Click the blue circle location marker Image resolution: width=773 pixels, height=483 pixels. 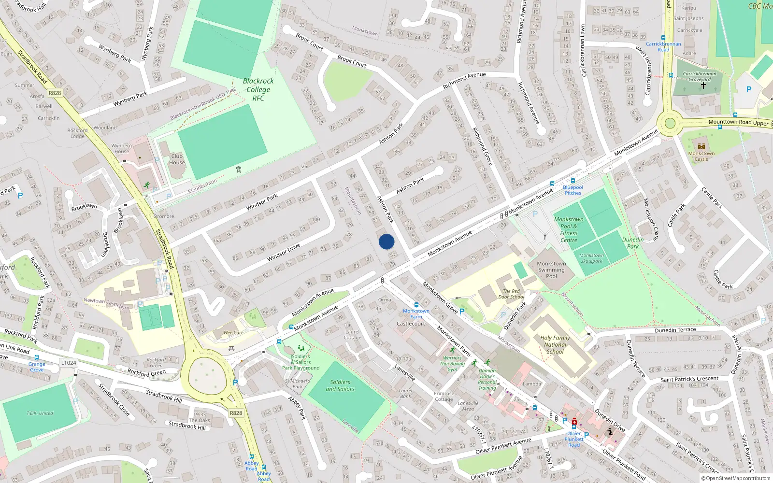click(386, 241)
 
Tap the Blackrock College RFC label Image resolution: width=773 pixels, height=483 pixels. click(258, 90)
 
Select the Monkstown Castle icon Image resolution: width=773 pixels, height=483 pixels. click(701, 146)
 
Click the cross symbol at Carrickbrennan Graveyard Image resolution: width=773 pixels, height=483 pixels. click(703, 85)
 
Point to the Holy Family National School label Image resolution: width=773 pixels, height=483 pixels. click(555, 345)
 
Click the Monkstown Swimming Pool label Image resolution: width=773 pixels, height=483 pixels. click(551, 270)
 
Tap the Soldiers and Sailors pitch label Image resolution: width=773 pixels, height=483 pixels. click(340, 385)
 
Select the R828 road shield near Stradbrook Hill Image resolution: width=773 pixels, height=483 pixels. click(236, 413)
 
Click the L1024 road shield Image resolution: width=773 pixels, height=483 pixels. click(69, 363)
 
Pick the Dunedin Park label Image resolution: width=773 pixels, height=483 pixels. click(633, 243)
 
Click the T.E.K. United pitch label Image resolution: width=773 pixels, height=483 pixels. click(40, 413)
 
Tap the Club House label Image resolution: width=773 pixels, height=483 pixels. click(177, 159)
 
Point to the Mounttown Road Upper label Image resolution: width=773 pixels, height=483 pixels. click(738, 122)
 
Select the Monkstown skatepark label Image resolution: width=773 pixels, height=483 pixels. click(591, 258)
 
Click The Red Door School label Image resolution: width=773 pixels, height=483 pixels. click(511, 294)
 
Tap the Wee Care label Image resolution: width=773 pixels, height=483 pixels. click(233, 333)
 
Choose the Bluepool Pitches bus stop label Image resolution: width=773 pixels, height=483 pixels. click(573, 190)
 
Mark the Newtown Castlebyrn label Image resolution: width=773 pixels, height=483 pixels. click(106, 303)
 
